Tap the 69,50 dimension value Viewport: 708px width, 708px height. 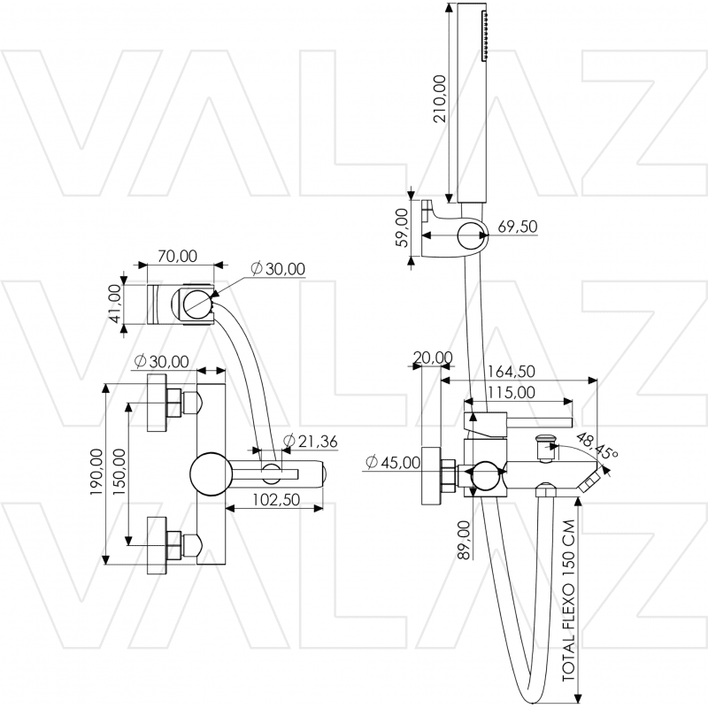518,227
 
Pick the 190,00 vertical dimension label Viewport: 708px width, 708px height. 96,473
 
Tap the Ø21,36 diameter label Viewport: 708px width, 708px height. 310,442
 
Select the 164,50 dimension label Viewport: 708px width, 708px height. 510,373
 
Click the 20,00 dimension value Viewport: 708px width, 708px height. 432,358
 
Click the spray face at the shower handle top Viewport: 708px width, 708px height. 485,36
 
